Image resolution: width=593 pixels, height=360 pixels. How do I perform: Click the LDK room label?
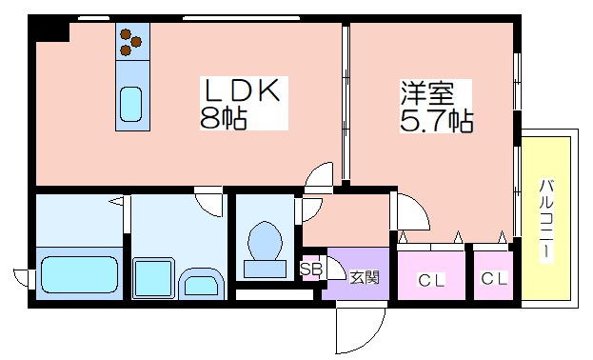coord(243,90)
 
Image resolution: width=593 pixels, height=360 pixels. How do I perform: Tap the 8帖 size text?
coord(223,118)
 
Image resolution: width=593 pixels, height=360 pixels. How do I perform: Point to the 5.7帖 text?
coord(437,120)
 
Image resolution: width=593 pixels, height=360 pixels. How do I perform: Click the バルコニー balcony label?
coord(546,220)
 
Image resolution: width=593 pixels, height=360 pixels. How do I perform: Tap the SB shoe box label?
coord(311,270)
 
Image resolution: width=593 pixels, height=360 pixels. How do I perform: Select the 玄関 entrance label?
coord(364,277)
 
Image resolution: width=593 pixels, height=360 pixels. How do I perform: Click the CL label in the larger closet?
coord(431,281)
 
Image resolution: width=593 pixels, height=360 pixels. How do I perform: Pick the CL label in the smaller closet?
coord(494,279)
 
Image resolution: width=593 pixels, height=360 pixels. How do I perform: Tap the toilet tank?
coord(265,269)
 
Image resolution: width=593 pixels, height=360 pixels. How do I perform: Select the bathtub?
coord(79,275)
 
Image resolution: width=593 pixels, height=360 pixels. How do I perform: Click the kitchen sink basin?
coord(130,104)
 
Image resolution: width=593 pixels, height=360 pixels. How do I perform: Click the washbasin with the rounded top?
coord(201,284)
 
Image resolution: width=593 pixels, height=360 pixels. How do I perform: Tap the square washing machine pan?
coord(153,279)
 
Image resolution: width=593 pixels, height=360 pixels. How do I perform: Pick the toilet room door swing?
coord(310,210)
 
